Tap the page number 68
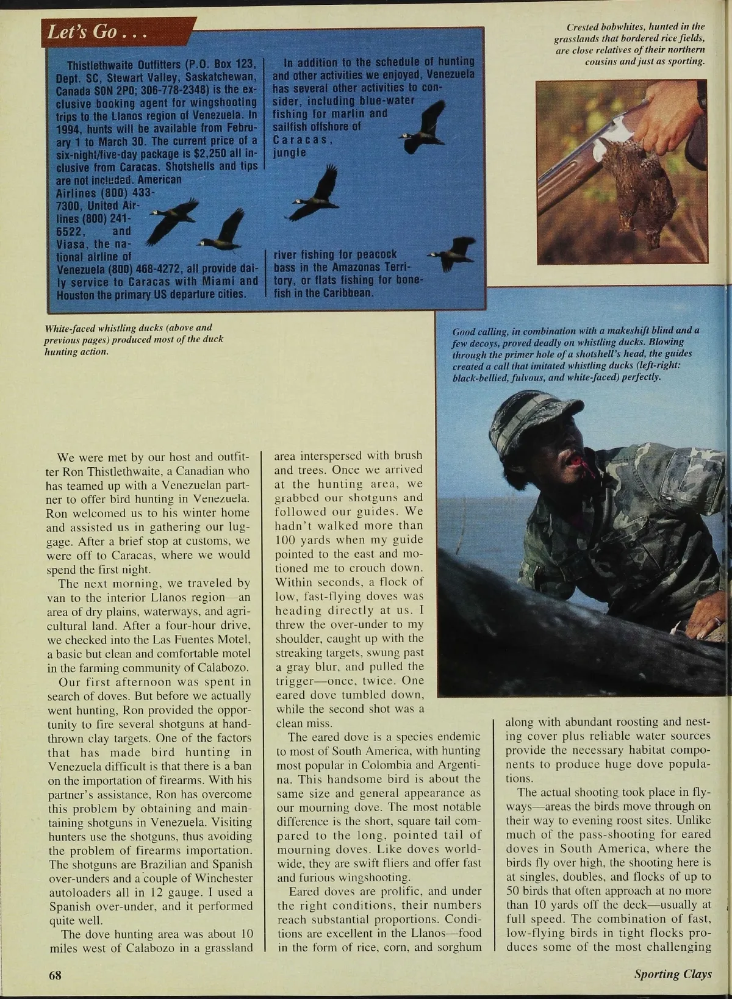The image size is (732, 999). (x=56, y=974)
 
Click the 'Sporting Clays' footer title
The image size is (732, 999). (x=673, y=974)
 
